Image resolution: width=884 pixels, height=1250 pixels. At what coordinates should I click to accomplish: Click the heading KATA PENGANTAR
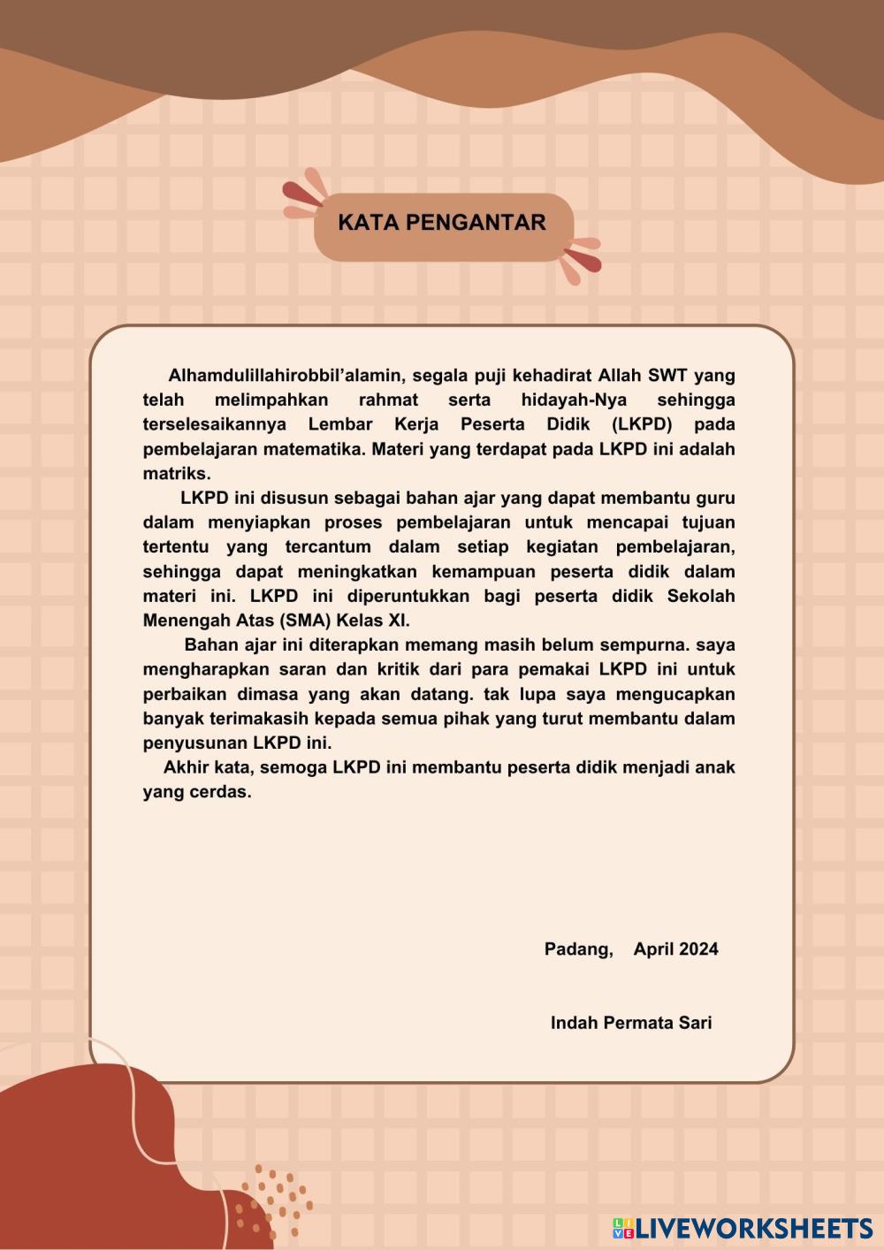[442, 223]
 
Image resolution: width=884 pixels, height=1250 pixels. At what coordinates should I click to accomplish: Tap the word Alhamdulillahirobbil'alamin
[285, 376]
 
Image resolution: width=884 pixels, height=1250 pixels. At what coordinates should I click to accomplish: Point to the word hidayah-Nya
[574, 400]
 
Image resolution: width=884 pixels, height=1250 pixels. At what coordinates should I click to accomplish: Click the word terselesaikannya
[214, 424]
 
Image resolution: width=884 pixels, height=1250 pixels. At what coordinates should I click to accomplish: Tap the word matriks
[176, 473]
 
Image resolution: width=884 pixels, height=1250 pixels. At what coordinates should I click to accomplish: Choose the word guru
[715, 498]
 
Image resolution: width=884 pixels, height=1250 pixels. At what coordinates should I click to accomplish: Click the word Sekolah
[701, 596]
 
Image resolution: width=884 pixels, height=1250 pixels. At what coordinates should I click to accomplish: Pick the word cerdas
[220, 792]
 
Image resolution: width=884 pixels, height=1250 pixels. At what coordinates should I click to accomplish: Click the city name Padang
[578, 949]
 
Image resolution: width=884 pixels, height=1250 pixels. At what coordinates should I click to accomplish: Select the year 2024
[699, 949]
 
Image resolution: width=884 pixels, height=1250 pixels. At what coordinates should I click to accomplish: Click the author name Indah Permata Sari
[631, 1023]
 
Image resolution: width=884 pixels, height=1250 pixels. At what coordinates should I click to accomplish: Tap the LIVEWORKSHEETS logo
[743, 1228]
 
